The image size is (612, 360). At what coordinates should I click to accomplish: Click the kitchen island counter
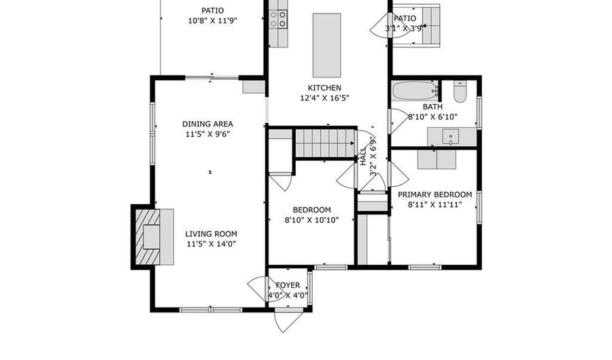click(x=326, y=46)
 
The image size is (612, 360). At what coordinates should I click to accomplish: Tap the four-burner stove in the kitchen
click(x=278, y=20)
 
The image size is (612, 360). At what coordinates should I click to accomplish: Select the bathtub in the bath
click(x=415, y=91)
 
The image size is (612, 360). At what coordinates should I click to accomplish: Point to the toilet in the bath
click(x=460, y=92)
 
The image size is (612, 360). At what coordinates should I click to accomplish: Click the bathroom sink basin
click(x=450, y=137)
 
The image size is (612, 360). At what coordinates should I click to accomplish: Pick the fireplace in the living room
click(x=148, y=237)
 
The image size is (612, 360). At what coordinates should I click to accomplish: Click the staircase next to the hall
click(x=325, y=144)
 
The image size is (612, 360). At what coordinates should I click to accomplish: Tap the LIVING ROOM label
click(x=211, y=234)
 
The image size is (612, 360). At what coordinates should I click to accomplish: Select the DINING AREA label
click(x=207, y=124)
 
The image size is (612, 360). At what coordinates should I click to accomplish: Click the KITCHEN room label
click(x=324, y=88)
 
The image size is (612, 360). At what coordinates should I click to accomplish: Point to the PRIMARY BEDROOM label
click(x=435, y=195)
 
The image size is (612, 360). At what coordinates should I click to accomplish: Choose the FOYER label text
click(x=288, y=285)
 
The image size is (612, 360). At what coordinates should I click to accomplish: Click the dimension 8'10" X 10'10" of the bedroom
click(x=311, y=220)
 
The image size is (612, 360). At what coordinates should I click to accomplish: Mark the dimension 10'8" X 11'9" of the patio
click(x=213, y=20)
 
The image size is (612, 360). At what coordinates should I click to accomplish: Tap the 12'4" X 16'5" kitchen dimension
click(x=324, y=98)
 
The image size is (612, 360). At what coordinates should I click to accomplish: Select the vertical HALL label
click(x=363, y=157)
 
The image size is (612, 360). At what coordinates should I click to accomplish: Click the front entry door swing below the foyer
click(x=287, y=322)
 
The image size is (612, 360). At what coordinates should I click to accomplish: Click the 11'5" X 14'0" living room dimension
click(x=211, y=244)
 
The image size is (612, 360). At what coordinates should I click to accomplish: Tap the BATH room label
click(x=432, y=107)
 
